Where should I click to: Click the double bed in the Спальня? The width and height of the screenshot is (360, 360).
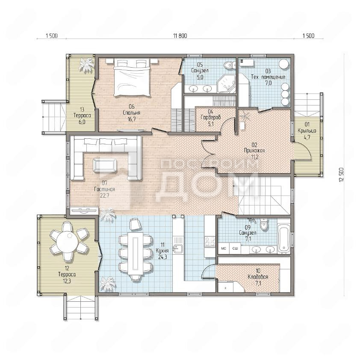coord(132,77)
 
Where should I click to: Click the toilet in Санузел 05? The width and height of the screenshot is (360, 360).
coord(229,65)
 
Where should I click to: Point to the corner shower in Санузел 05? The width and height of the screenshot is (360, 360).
coord(226,83)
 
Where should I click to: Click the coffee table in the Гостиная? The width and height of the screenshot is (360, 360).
coord(105,165)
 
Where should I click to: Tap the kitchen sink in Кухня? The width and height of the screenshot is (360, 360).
coord(177,249)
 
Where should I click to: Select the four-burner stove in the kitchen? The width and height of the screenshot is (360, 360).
coord(210,241)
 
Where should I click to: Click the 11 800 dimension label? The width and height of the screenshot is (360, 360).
coord(180,36)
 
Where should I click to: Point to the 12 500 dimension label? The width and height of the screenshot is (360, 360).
coord(341,175)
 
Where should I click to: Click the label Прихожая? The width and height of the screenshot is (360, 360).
coord(254,151)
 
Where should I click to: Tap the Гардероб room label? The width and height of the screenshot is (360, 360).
coord(210,117)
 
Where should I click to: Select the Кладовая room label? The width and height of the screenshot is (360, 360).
coord(258,277)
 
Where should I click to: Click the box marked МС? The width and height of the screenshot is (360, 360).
coord(223,249)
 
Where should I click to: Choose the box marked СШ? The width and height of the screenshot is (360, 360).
coord(235,249)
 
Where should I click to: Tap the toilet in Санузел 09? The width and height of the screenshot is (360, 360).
coord(264,224)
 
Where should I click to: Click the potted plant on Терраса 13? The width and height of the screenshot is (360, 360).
coord(86,64)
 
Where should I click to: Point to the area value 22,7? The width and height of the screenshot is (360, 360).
coord(104,195)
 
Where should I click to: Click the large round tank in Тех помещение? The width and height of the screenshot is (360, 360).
coord(284,64)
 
